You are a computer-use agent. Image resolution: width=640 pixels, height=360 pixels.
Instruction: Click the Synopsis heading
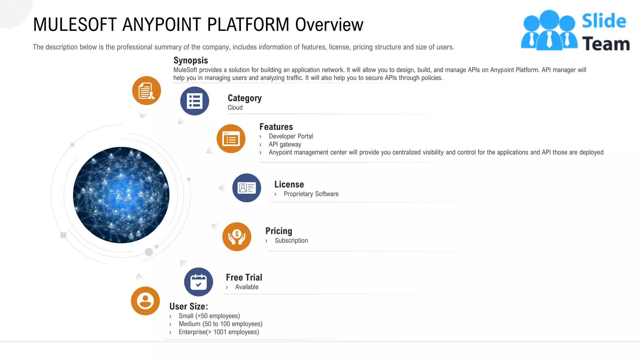(191, 60)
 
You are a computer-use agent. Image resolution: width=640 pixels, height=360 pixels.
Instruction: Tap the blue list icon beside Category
(194, 101)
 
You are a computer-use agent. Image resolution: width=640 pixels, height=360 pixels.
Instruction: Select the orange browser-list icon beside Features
(231, 139)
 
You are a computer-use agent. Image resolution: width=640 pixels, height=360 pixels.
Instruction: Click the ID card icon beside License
(247, 188)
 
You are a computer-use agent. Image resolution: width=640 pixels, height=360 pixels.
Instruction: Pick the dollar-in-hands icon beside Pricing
(237, 237)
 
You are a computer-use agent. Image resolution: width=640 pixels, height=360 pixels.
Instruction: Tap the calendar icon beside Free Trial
(198, 282)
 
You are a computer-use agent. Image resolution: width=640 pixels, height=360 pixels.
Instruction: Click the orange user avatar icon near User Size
(145, 301)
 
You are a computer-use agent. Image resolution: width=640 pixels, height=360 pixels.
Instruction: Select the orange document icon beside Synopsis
(147, 91)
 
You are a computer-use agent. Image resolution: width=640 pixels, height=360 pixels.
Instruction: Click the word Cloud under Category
(235, 107)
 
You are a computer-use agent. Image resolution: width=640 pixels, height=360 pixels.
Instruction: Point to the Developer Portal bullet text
(291, 136)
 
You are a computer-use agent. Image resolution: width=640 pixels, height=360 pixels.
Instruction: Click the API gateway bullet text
(285, 144)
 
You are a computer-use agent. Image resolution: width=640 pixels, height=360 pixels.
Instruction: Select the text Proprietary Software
(311, 194)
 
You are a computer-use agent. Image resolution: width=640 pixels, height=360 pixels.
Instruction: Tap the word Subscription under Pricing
(291, 240)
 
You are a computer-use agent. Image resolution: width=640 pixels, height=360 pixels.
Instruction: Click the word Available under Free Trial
(247, 287)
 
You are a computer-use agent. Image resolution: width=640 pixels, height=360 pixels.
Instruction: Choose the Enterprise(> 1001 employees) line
(219, 332)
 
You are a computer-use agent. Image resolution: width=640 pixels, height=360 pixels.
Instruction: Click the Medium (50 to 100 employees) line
(220, 324)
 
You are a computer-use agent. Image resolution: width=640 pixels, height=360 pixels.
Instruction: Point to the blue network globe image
(121, 195)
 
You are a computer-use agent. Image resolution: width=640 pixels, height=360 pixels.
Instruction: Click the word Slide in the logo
(604, 21)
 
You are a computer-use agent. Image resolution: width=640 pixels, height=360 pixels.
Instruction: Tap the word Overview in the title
(329, 25)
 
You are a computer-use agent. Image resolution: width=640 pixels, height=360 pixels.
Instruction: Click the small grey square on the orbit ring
(63, 235)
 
